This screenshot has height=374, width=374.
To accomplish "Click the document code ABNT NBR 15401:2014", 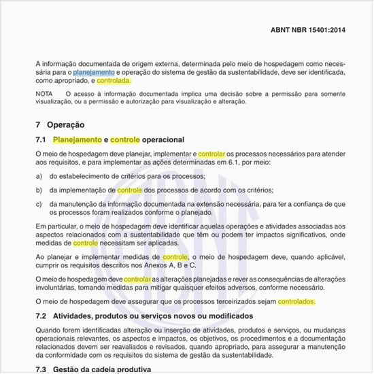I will [x=308, y=31].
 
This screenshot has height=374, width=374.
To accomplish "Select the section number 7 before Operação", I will [x=38, y=124].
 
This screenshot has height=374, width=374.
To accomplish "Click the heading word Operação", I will [x=66, y=124].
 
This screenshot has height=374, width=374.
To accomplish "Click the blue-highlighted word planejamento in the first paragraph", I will [x=94, y=71].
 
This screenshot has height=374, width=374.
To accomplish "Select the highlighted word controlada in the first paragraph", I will [x=114, y=80].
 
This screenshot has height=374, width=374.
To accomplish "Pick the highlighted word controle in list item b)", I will [x=129, y=190].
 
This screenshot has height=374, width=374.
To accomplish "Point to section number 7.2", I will [x=40, y=316].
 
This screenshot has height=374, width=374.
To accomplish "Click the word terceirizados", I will [x=227, y=301].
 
